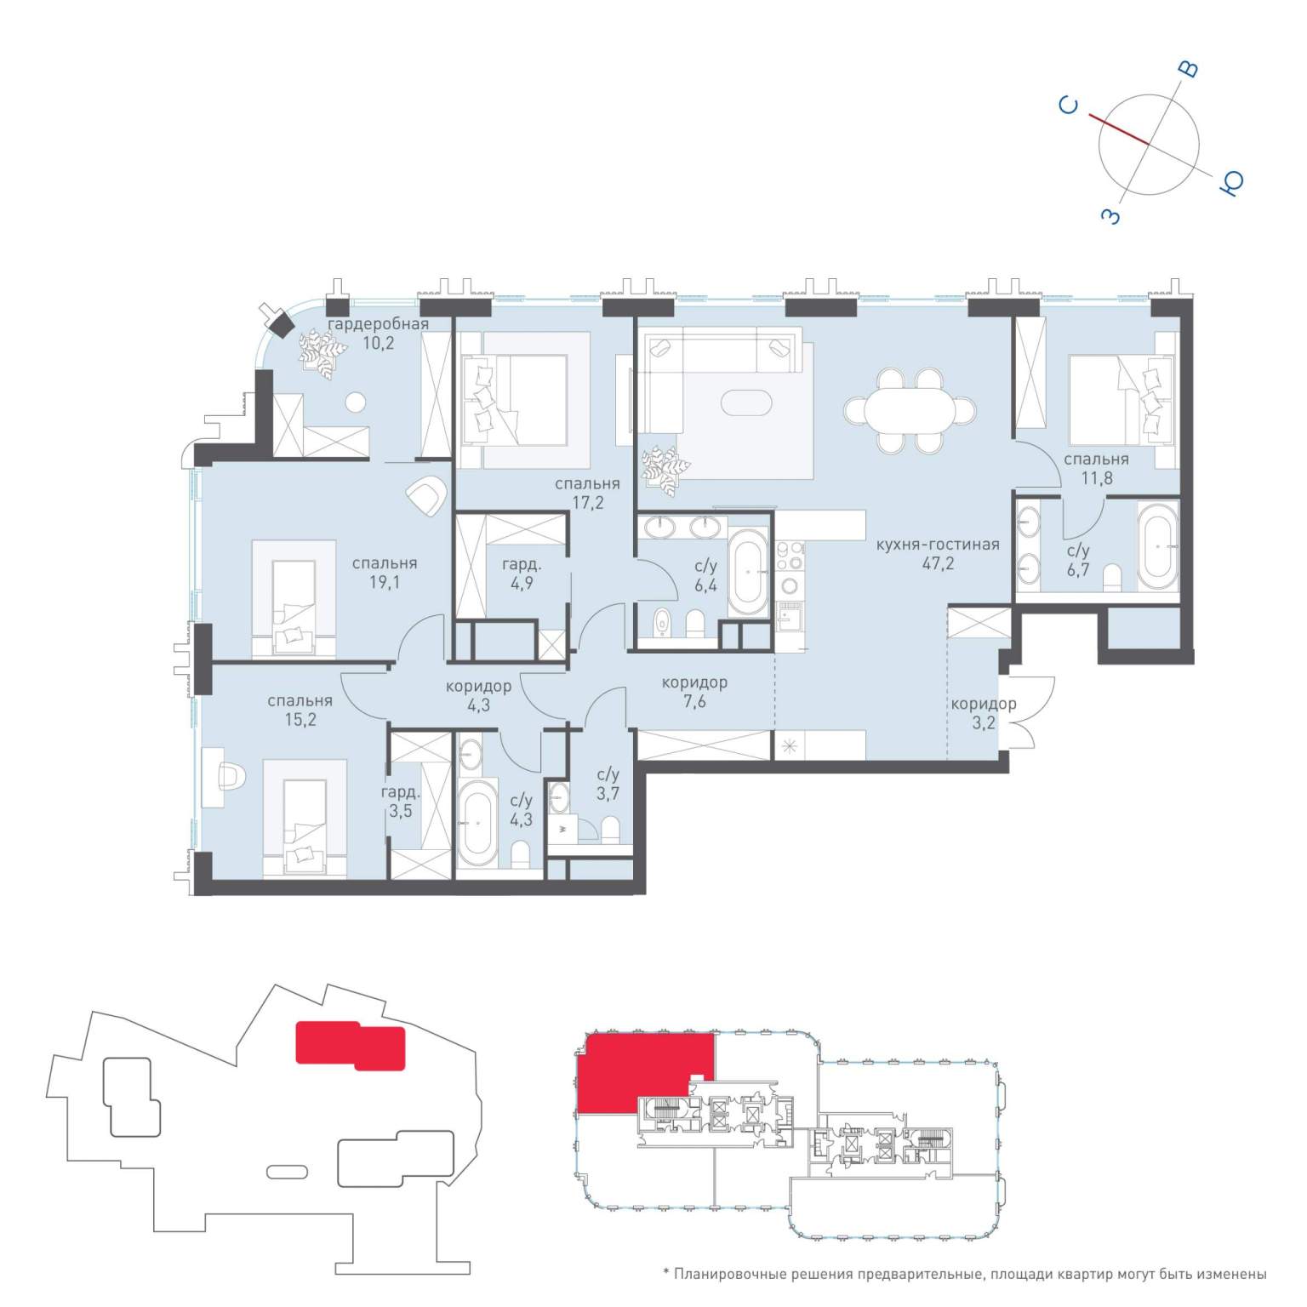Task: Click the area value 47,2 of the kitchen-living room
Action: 937,563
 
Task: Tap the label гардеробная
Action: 378,324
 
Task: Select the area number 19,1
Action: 384,583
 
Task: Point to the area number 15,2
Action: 299,720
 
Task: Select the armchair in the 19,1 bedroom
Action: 426,495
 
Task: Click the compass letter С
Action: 1069,105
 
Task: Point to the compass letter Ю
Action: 1231,182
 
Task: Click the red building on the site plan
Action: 350,1045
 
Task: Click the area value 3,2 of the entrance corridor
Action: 983,723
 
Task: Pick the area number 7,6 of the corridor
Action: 694,702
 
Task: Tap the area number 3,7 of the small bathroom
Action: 608,794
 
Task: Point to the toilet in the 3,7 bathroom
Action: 610,830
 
